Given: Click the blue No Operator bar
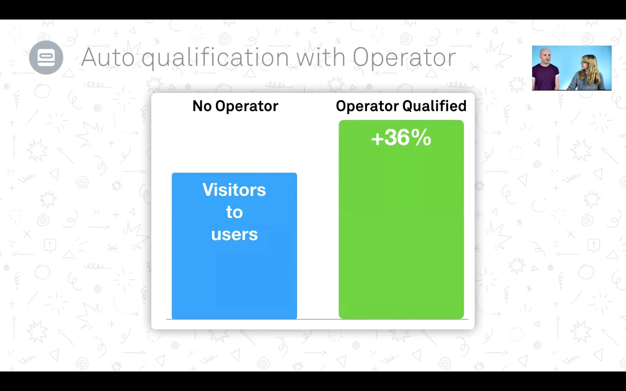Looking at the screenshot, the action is [x=234, y=246].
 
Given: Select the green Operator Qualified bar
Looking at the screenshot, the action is [x=401, y=219].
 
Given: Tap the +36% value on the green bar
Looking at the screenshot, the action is [x=401, y=137].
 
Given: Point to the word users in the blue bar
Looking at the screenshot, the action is [x=234, y=235].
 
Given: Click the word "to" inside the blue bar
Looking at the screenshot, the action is [x=234, y=212].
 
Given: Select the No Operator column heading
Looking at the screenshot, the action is [x=235, y=106].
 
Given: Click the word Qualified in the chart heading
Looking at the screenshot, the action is [x=434, y=106].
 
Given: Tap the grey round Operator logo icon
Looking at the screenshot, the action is [x=46, y=57].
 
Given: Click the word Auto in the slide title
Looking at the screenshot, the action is [x=108, y=57].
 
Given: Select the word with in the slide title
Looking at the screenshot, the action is [x=321, y=57].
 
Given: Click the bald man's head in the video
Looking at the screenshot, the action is [x=545, y=55].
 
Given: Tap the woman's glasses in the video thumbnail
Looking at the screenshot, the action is [x=583, y=62].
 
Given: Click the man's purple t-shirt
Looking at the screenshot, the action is [x=545, y=77].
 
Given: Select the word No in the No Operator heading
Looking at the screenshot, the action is [x=202, y=106].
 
